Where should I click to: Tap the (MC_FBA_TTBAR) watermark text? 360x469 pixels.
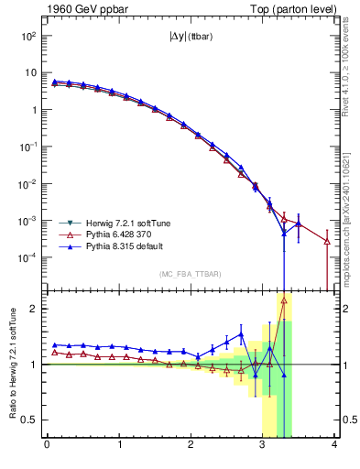(x=190, y=274)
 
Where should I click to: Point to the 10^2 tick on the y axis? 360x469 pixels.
(x=28, y=36)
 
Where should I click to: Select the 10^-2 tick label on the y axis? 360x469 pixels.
(x=27, y=184)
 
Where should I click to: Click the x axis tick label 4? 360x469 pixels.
(x=335, y=446)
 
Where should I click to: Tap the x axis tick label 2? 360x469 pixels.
(x=191, y=446)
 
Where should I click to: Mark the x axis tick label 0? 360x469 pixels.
(x=47, y=446)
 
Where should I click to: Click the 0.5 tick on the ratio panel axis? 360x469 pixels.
(x=30, y=420)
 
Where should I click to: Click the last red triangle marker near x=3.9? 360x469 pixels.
(x=327, y=241)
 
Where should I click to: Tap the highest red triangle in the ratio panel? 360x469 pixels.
(x=284, y=300)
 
